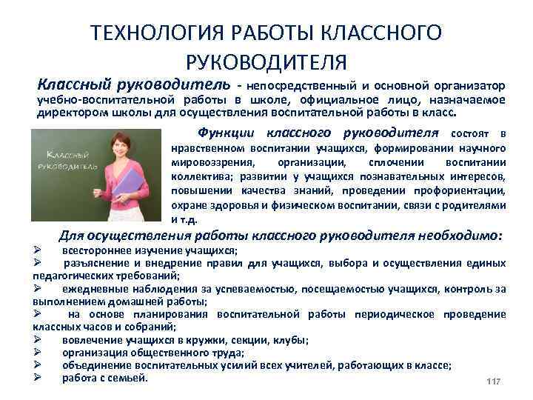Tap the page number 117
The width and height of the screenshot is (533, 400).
tap(493, 381)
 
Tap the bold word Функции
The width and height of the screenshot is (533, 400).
tap(226, 133)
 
